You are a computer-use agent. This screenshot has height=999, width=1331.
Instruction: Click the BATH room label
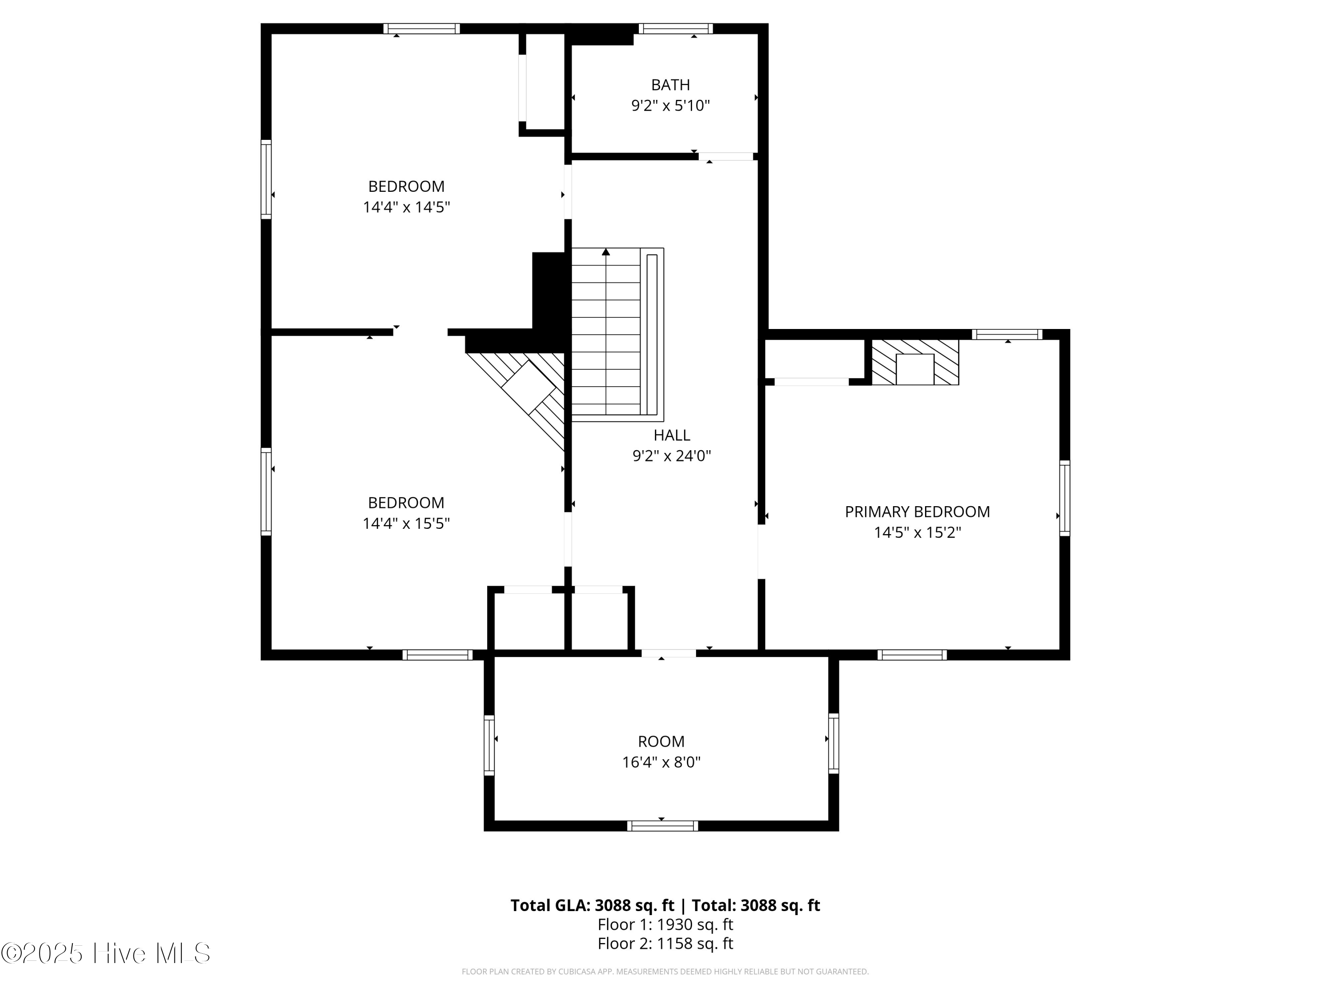[670, 85]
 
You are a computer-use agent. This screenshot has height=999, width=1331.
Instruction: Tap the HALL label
[672, 435]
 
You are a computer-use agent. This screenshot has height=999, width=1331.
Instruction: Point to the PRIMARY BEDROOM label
[917, 512]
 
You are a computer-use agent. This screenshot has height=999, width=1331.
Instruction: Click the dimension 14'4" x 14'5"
[406, 207]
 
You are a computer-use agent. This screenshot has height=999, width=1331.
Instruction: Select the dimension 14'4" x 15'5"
[406, 523]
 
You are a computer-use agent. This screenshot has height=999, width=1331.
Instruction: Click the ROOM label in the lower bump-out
[662, 741]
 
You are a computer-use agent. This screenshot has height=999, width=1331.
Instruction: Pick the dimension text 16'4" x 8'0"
[662, 762]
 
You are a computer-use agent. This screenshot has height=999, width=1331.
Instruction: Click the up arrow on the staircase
[606, 252]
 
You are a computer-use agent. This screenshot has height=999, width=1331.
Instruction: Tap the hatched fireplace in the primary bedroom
[914, 362]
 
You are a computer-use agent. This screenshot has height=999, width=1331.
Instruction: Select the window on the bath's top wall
[675, 28]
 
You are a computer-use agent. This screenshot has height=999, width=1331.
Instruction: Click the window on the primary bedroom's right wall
[1064, 498]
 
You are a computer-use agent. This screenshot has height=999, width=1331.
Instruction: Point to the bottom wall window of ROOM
[662, 826]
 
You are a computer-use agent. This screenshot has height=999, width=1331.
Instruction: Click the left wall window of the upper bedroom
[265, 179]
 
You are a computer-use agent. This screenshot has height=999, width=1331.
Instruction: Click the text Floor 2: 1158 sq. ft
[665, 943]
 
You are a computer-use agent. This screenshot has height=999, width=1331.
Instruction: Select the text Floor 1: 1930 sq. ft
[665, 924]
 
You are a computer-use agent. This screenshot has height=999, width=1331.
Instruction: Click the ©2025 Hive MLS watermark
[106, 953]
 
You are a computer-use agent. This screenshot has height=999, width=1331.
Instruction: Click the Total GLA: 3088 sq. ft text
[592, 905]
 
